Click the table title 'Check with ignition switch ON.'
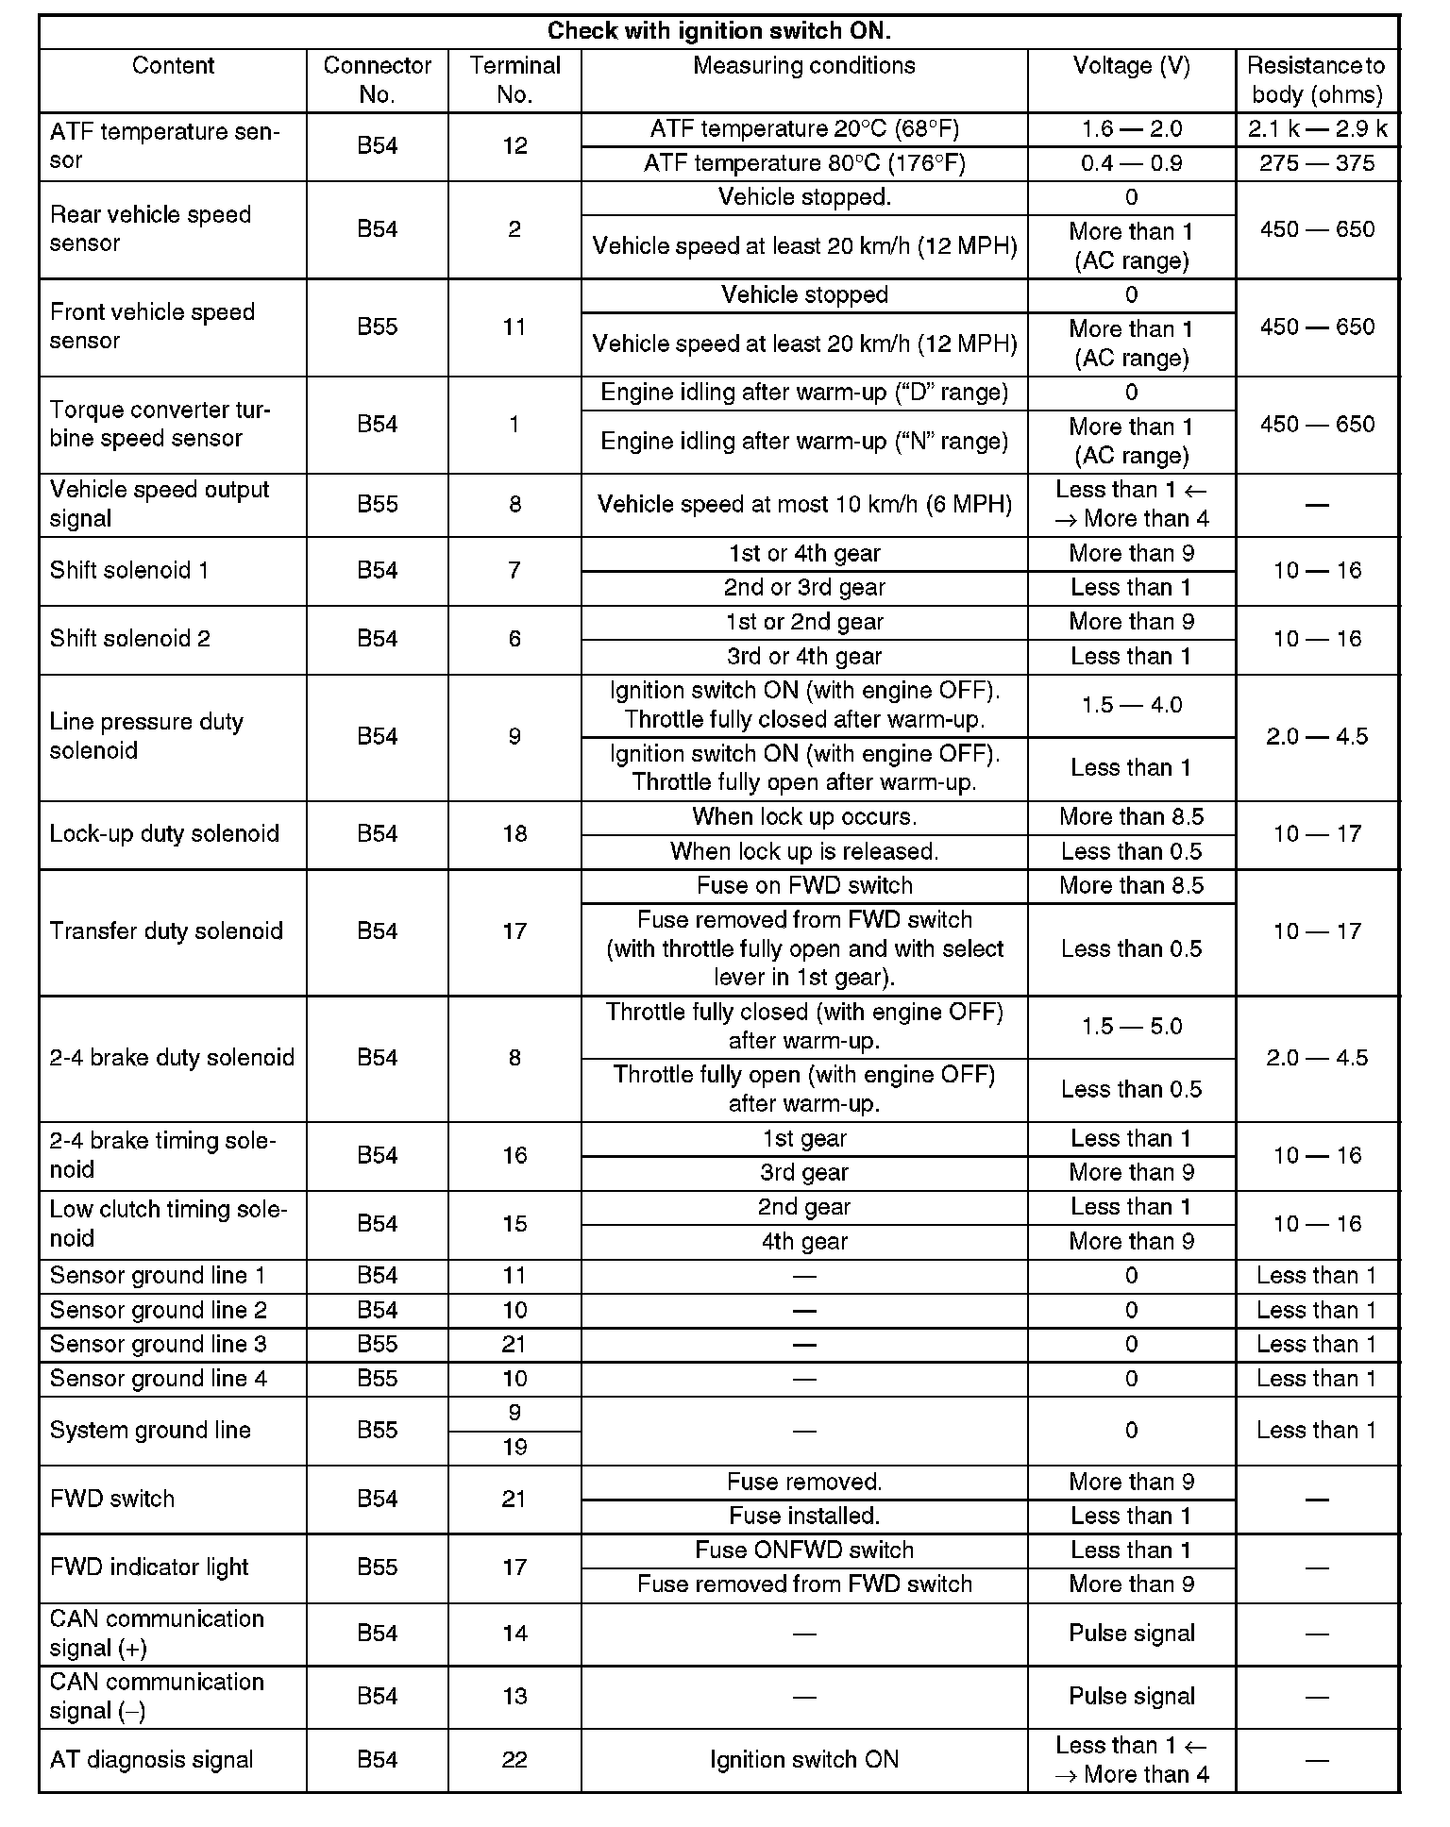tap(719, 31)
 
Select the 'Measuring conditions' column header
tap(803, 66)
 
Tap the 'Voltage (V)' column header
tap(1131, 66)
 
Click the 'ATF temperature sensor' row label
tap(164, 145)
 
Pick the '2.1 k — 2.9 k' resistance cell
tap(1317, 129)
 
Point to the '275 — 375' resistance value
tap(1317, 163)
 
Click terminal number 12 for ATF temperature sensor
tap(514, 146)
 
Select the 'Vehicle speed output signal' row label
tap(160, 504)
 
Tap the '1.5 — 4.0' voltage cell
tap(1131, 705)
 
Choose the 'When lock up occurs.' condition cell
tap(804, 816)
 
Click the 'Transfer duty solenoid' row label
tap(166, 931)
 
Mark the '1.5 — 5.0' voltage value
tap(1131, 1027)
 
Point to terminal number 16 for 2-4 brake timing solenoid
tap(514, 1155)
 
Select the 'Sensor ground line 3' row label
tap(158, 1344)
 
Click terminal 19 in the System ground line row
tap(514, 1447)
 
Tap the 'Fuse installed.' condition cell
tap(804, 1516)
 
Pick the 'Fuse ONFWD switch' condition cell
tap(804, 1550)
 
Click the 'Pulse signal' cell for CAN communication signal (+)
tap(1131, 1634)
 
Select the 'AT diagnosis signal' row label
tap(151, 1760)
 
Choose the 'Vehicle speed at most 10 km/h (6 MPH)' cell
tap(804, 504)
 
